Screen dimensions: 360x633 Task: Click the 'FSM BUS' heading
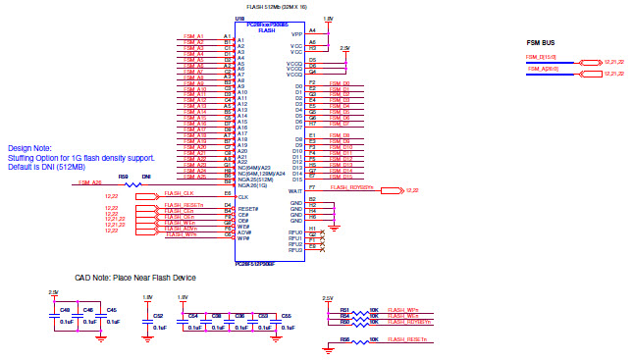pos(541,43)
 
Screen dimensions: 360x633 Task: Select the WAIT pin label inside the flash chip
pos(294,190)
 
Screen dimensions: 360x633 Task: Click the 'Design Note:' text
pos(28,148)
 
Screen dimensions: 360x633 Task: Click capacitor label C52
pos(158,316)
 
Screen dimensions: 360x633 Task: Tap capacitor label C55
pos(286,316)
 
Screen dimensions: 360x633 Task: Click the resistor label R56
pos(344,338)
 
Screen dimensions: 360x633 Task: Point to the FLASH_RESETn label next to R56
pos(407,338)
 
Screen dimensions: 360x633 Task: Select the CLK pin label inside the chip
pos(242,197)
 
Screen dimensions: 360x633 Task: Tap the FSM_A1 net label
pos(193,38)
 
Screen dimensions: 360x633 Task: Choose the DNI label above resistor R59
pos(146,177)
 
